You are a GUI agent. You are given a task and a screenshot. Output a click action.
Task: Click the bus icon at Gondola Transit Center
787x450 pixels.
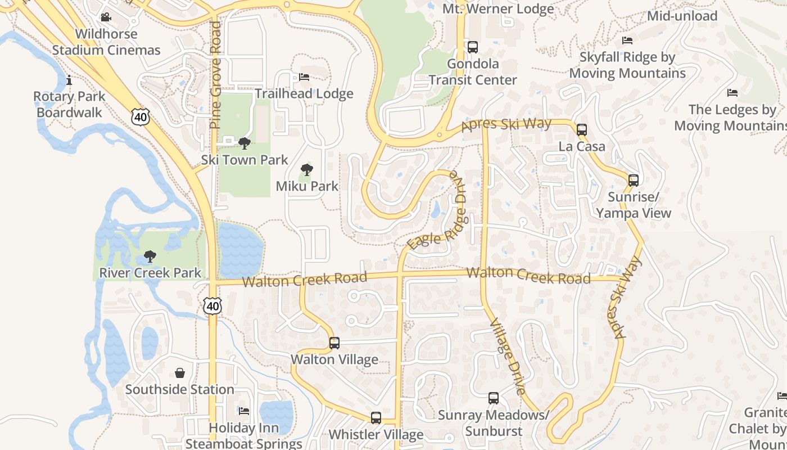pos(473,47)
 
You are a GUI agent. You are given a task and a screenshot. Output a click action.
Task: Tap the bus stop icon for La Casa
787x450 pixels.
pos(582,130)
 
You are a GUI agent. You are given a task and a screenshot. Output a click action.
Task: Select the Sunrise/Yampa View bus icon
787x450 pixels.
pos(634,181)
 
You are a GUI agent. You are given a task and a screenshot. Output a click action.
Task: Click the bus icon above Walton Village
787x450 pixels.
pos(334,343)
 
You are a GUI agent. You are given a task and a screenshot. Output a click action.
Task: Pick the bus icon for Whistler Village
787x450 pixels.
pos(376,418)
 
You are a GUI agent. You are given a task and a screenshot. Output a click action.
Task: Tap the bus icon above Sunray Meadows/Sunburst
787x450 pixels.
pos(494,398)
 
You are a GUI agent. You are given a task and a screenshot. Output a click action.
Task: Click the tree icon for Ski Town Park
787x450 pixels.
pos(245,143)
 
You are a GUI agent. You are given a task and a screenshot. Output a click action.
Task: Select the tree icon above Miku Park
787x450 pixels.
pos(307,169)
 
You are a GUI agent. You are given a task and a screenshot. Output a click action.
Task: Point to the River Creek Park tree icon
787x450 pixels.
pos(150,256)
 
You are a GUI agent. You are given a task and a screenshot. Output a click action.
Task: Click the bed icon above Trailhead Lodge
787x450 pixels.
pos(304,77)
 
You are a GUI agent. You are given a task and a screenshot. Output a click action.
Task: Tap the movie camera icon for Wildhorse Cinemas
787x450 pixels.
pos(106,17)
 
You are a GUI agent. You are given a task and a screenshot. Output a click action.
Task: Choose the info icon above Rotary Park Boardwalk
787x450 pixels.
pos(69,80)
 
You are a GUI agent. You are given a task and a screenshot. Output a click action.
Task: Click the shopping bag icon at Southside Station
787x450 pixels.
pos(180,373)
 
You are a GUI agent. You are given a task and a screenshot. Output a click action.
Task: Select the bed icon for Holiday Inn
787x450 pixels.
pos(244,411)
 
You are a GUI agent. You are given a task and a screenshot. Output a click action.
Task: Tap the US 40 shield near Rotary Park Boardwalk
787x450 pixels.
pos(141,116)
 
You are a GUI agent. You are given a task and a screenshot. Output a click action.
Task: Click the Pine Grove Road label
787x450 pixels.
pos(215,75)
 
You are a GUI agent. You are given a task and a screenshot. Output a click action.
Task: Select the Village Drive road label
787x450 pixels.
pos(508,357)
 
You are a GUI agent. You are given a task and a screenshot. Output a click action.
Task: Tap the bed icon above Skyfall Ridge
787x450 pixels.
pos(627,40)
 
